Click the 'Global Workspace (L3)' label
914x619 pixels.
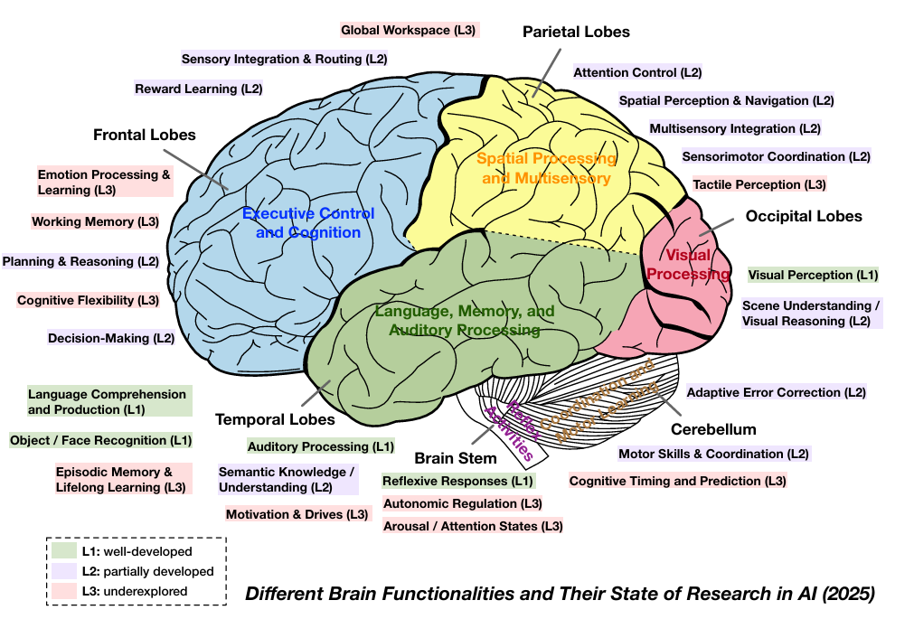(x=409, y=30)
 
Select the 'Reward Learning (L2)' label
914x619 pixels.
(x=199, y=89)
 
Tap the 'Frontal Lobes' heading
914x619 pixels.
(x=145, y=135)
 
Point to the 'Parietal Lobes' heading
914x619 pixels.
(x=576, y=32)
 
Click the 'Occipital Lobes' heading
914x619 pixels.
(x=804, y=216)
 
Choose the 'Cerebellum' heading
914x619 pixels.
(x=713, y=429)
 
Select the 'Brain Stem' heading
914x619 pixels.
(x=456, y=458)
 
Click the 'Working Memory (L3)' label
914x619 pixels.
(x=95, y=221)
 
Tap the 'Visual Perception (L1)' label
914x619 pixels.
(x=813, y=275)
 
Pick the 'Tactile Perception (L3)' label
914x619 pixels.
(x=759, y=184)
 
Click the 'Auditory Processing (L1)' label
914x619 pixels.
(x=321, y=446)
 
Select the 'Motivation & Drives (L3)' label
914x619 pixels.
(x=298, y=514)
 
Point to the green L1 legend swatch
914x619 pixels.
(x=63, y=550)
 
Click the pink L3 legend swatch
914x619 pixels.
(x=63, y=591)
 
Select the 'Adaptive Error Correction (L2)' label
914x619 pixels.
(x=777, y=392)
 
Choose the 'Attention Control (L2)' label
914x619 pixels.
(x=637, y=72)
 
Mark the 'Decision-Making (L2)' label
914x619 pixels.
(x=111, y=339)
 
